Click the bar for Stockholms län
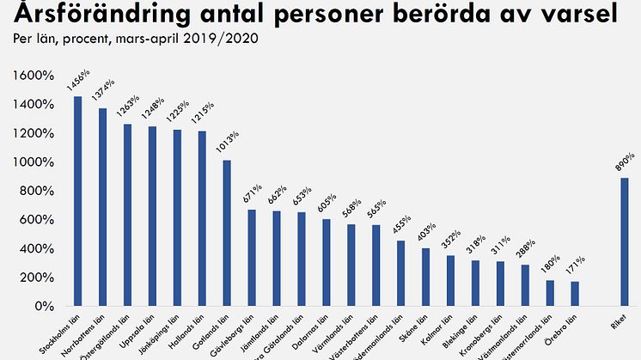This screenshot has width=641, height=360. click(77, 201)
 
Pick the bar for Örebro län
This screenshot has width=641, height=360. click(575, 293)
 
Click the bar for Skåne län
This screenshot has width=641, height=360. click(426, 277)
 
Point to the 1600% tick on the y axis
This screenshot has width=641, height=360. click(33, 76)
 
